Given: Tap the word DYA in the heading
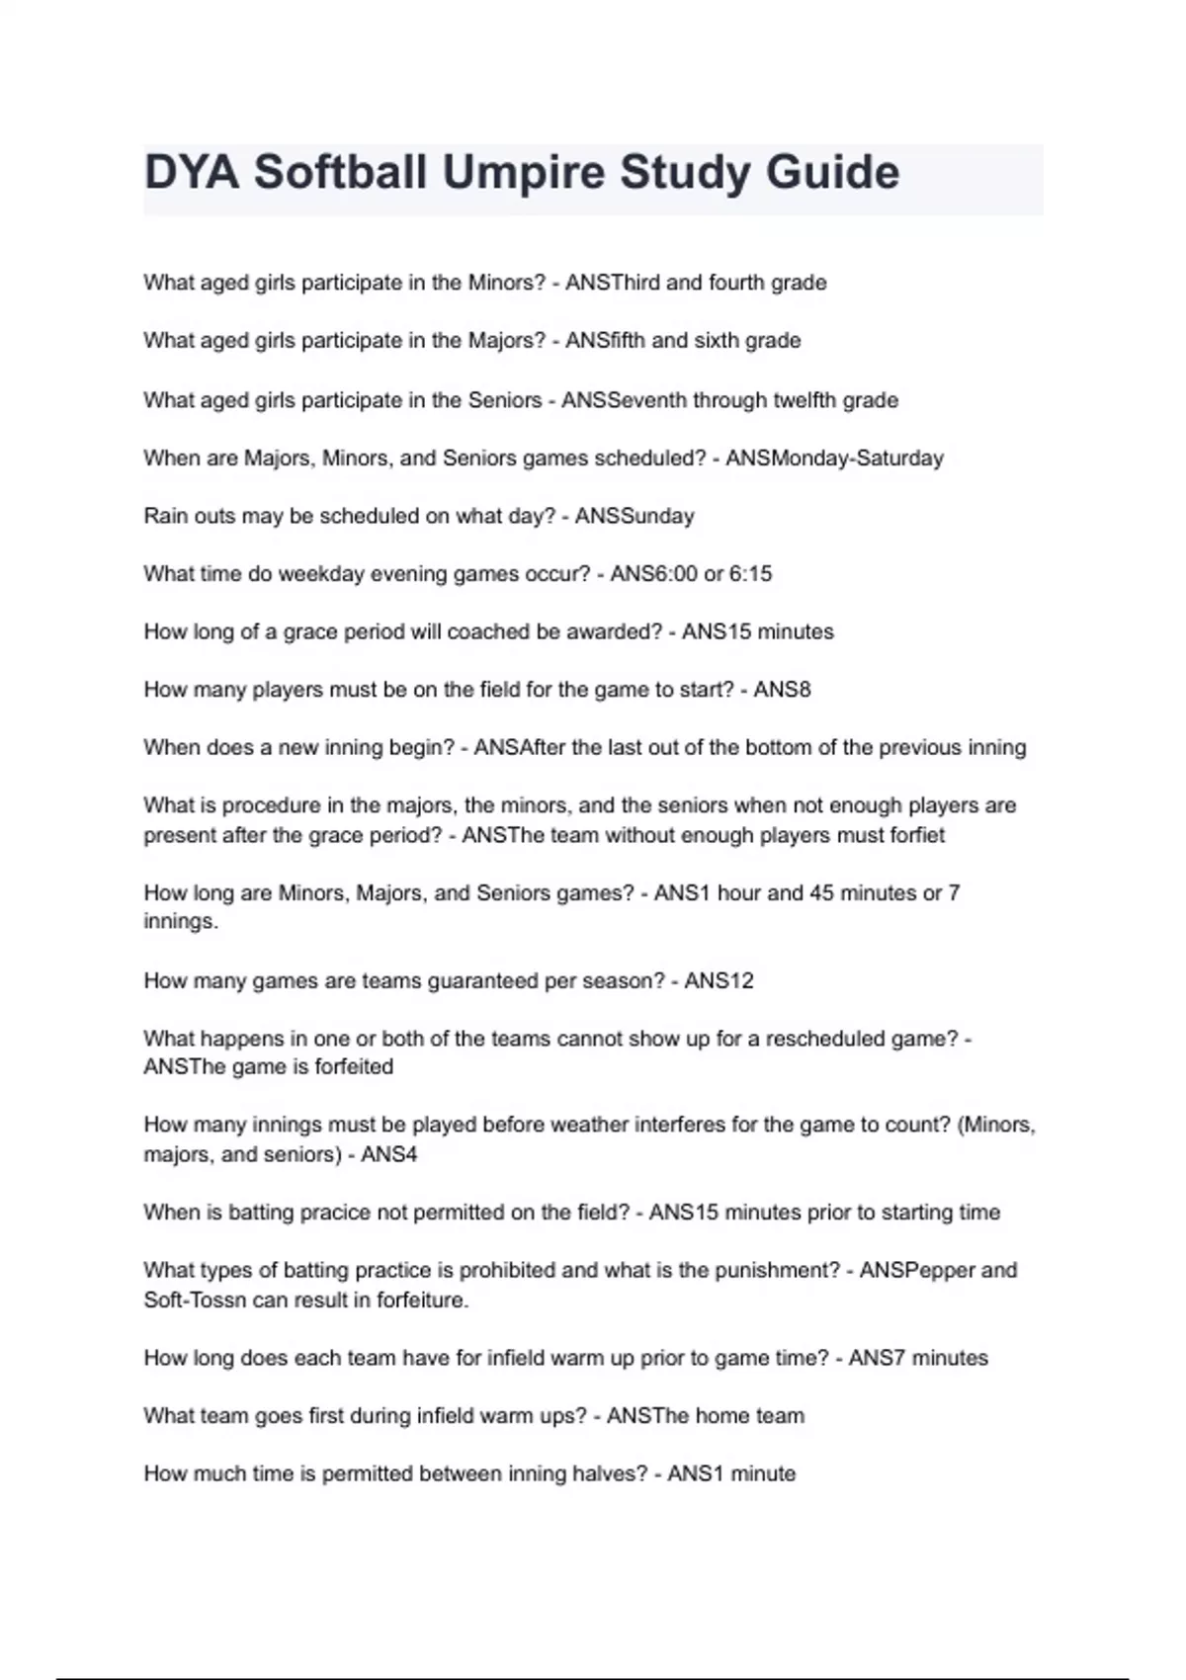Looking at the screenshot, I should (192, 173).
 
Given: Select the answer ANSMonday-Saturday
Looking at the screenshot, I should (834, 459).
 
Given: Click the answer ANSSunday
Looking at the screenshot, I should (635, 516).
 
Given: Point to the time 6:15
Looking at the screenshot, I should (750, 574).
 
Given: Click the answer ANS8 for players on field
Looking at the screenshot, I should (782, 690).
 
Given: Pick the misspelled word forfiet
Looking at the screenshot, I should (918, 835).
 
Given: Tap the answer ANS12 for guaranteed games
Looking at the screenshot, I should (719, 981).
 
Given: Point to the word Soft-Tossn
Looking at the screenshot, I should (195, 1301).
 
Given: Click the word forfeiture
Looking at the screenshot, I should (421, 1301).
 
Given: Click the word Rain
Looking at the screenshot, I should (165, 516).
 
